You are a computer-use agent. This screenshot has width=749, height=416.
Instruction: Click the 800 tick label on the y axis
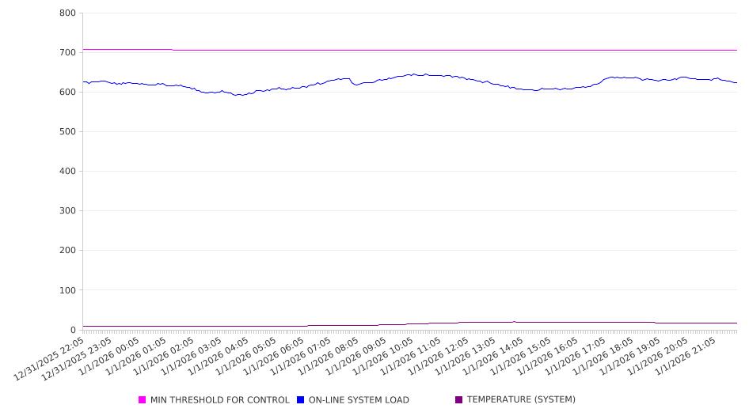[67, 13]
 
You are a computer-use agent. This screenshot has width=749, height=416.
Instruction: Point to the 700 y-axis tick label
[67, 52]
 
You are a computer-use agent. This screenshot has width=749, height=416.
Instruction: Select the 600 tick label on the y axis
[67, 92]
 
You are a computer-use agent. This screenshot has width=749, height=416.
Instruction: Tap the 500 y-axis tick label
[67, 131]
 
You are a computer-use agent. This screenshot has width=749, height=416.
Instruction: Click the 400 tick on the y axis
[67, 171]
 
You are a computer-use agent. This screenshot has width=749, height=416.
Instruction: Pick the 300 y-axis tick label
[67, 211]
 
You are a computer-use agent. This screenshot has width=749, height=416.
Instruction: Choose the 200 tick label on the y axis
[67, 251]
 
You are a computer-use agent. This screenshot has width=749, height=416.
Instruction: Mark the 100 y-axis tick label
[67, 290]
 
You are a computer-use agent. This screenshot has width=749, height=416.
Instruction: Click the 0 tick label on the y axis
[72, 330]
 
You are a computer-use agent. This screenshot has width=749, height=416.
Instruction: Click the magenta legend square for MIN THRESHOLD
[143, 400]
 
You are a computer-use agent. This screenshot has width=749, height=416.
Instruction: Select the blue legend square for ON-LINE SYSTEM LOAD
[301, 400]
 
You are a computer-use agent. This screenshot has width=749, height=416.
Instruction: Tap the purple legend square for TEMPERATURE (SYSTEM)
[459, 400]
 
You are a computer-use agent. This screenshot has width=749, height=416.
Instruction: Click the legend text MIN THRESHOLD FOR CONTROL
[219, 400]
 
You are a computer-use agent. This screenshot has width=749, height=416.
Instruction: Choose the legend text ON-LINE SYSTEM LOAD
[359, 400]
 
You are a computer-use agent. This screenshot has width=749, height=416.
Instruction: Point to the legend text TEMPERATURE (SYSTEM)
[521, 400]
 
